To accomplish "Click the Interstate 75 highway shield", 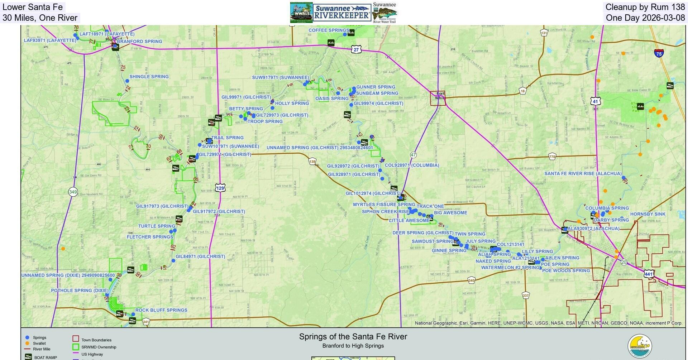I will click(x=659, y=54).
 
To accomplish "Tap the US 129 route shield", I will click(x=220, y=188).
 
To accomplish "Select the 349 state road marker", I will click(x=73, y=192).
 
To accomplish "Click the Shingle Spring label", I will click(x=149, y=77).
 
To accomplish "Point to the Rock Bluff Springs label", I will click(x=161, y=310).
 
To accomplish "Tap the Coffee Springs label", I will click(x=328, y=30).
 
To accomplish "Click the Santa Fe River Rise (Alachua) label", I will click(x=583, y=174).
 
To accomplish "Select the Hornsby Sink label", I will click(x=648, y=214).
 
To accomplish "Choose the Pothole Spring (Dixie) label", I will click(x=80, y=291).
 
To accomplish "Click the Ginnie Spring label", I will click(x=449, y=251).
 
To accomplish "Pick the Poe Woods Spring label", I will click(x=565, y=271).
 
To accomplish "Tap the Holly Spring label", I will click(x=292, y=104).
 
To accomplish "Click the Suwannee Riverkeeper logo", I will click(x=342, y=13).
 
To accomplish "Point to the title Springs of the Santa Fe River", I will click(x=353, y=337).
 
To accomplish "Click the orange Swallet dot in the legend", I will click(x=27, y=343).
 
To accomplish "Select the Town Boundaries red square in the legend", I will click(x=76, y=339).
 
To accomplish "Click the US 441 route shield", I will click(x=649, y=274).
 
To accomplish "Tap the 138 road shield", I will click(x=312, y=162).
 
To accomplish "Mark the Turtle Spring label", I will click(x=157, y=226).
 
